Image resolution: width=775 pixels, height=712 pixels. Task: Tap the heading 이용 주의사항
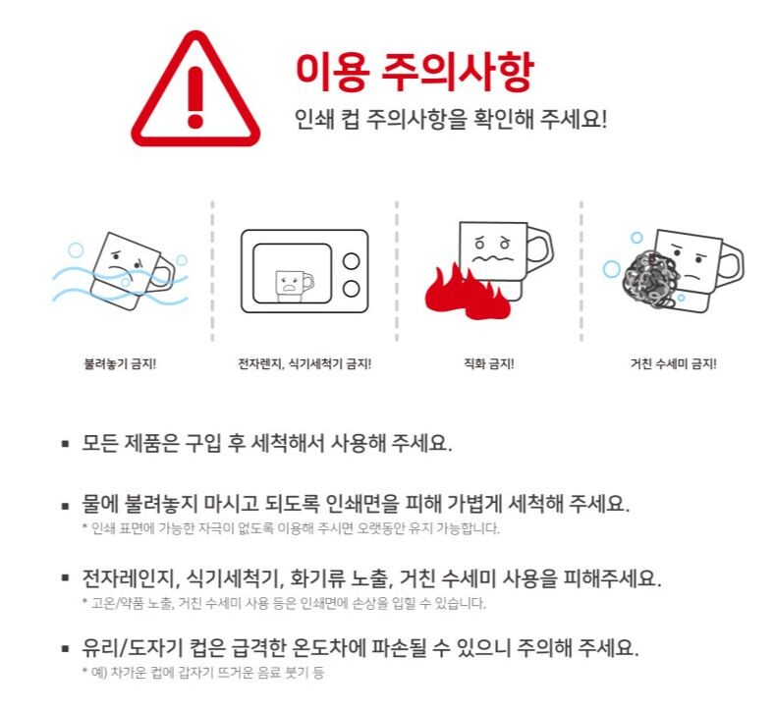(415, 71)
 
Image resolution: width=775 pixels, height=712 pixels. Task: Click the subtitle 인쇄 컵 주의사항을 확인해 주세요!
(450, 120)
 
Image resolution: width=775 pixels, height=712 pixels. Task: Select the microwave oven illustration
(304, 271)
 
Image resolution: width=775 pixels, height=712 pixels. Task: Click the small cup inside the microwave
(293, 286)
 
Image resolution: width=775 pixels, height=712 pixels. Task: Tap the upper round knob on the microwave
(351, 261)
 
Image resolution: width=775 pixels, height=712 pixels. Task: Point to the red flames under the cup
(467, 295)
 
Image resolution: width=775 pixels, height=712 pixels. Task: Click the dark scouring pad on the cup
(650, 280)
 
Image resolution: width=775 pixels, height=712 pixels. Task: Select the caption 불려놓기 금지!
(120, 364)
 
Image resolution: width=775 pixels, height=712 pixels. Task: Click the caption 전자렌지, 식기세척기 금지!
(304, 364)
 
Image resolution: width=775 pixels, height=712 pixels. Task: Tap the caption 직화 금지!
(489, 364)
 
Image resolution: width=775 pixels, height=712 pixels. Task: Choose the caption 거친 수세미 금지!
(673, 364)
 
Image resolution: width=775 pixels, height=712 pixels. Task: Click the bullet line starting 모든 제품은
(267, 443)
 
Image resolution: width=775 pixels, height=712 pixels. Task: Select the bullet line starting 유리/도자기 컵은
(360, 647)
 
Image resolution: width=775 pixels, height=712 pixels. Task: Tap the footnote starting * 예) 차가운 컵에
(203, 673)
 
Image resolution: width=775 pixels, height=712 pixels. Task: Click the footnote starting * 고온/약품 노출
(284, 603)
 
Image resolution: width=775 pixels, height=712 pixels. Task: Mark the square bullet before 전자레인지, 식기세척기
(65, 577)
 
